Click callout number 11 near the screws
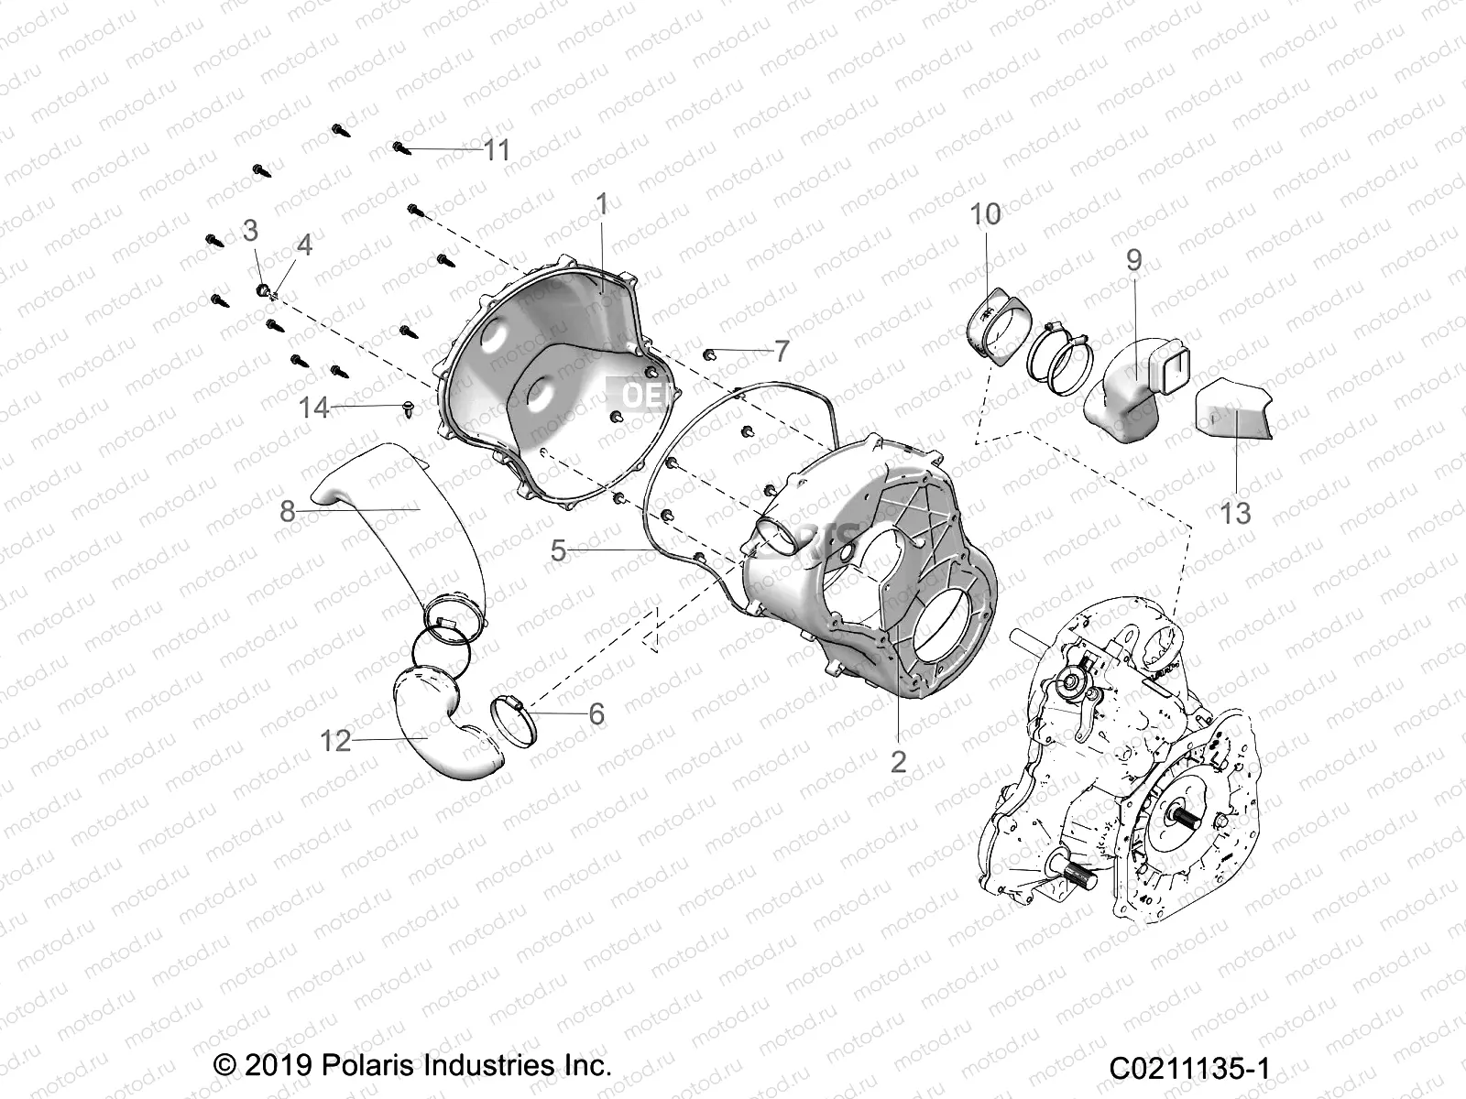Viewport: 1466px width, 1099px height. pyautogui.click(x=497, y=149)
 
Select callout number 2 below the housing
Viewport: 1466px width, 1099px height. pyautogui.click(x=898, y=761)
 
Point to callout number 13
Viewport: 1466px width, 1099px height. pyautogui.click(x=1235, y=513)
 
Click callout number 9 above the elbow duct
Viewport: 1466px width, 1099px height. pyautogui.click(x=1134, y=261)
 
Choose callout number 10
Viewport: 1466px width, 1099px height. pyautogui.click(x=986, y=214)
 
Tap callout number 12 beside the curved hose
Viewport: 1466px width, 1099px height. pyautogui.click(x=336, y=740)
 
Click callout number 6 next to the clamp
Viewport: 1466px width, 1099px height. pyautogui.click(x=596, y=713)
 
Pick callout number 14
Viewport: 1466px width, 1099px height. pyautogui.click(x=314, y=407)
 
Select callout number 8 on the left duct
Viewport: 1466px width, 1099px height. pyautogui.click(x=288, y=511)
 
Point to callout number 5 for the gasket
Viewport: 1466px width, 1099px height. pyautogui.click(x=559, y=550)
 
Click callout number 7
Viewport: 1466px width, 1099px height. pyautogui.click(x=781, y=351)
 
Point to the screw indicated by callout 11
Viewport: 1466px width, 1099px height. pyautogui.click(x=399, y=147)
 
